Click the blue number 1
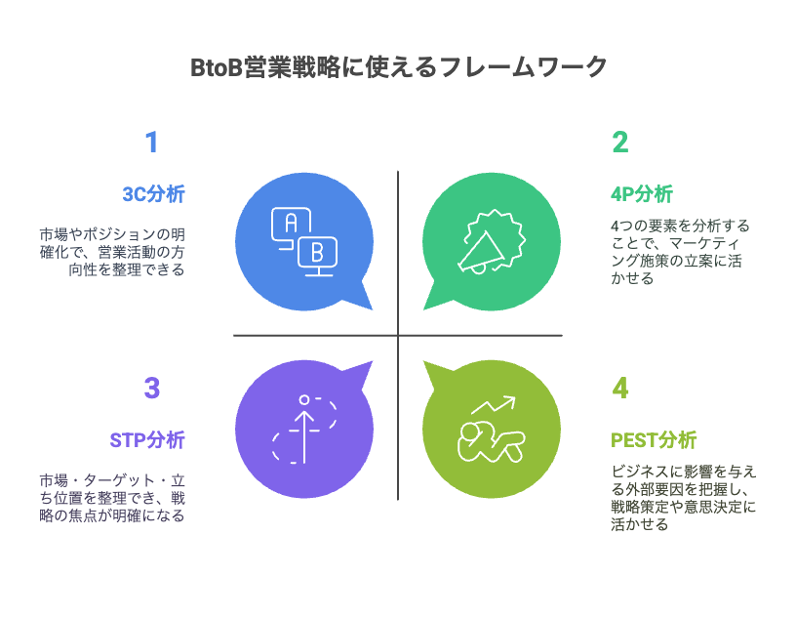coord(152,143)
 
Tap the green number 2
coord(619,143)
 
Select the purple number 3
coord(152,389)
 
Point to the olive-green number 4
coord(619,389)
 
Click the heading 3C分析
coord(153,194)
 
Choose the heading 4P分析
coord(642,194)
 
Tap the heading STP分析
coord(147,440)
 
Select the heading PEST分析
coord(654,440)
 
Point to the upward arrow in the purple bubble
coord(304,437)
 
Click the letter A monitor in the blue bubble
coord(291,225)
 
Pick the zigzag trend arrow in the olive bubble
coord(493,405)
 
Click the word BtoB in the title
coord(217,67)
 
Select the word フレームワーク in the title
coord(523,67)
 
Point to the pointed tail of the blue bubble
coord(372,309)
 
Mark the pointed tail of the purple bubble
coord(372,362)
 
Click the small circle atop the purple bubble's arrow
coord(304,400)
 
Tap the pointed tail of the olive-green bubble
coord(424,362)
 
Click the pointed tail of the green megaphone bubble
coord(424,309)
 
